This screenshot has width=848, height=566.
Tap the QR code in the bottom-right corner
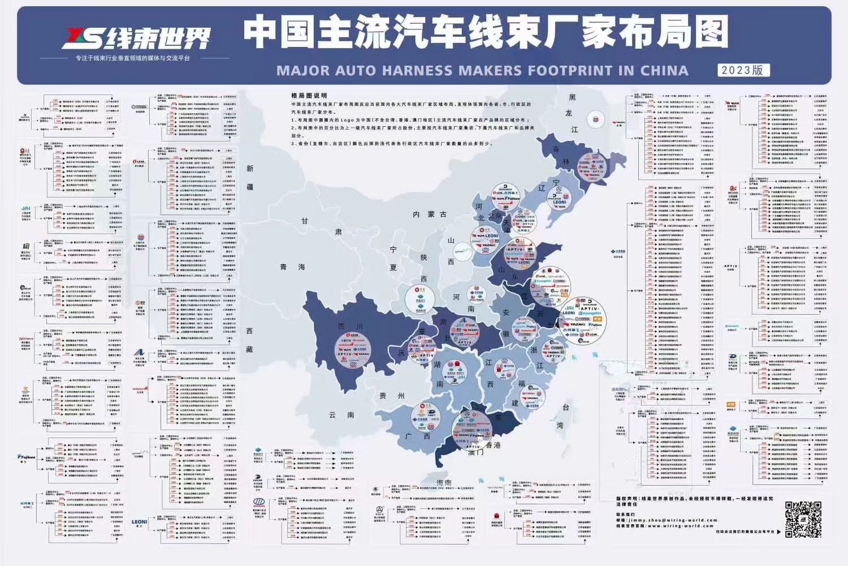tap(803, 519)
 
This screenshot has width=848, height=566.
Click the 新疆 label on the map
tap(250, 178)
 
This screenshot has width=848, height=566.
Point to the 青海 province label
tap(292, 267)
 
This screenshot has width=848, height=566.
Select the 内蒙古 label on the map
tap(430, 215)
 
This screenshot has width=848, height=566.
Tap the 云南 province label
tap(341, 415)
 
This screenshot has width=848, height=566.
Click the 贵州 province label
tap(391, 396)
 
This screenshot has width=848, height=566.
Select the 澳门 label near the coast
tap(475, 453)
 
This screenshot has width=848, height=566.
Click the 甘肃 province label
tap(322, 226)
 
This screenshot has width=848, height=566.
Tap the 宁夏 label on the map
tap(393, 258)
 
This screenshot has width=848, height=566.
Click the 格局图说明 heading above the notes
tap(309, 96)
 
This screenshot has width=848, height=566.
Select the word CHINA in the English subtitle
tap(664, 71)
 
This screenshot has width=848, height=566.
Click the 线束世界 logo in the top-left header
tap(138, 38)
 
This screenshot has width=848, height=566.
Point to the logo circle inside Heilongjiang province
tap(596, 119)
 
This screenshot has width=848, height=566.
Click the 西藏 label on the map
tap(249, 340)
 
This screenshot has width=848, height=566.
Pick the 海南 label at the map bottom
tap(444, 483)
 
